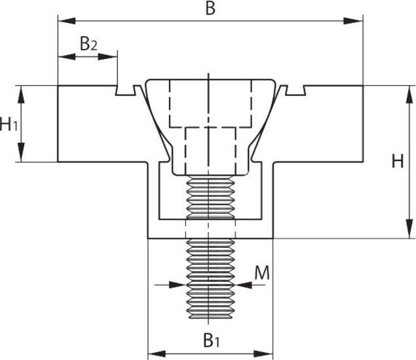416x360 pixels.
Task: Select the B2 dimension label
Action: coord(88,44)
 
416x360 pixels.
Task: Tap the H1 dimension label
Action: coord(9,123)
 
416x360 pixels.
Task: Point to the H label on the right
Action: coord(398,161)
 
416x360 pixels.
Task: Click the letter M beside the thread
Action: coord(261,273)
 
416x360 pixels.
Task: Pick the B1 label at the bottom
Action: coord(210,340)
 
